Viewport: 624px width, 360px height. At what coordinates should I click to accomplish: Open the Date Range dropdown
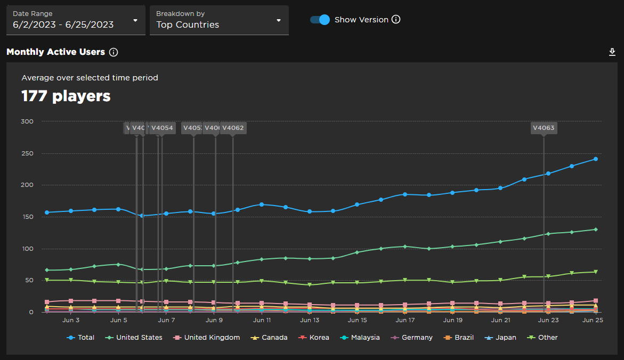[75, 20]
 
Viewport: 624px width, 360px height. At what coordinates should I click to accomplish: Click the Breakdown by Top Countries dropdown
[218, 20]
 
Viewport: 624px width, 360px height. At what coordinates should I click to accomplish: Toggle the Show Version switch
[320, 20]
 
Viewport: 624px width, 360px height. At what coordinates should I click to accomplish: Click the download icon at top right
[612, 52]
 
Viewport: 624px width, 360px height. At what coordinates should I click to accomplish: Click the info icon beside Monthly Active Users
[114, 52]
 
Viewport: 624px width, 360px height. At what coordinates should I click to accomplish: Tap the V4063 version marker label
[544, 128]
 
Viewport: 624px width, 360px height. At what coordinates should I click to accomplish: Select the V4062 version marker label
[233, 128]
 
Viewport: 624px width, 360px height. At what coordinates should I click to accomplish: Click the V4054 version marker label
[162, 128]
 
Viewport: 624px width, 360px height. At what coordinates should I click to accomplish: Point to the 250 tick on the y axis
[27, 153]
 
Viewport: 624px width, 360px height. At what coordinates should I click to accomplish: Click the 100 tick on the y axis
[27, 249]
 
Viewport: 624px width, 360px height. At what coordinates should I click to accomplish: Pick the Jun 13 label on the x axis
[310, 320]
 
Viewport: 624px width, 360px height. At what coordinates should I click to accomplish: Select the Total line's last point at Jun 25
[596, 159]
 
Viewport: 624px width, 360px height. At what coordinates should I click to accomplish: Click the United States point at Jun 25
[596, 230]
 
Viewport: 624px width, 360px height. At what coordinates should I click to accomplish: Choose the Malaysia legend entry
[361, 338]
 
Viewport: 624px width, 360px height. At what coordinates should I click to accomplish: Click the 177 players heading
[66, 96]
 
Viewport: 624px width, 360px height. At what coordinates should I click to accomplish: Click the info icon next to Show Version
[396, 20]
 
